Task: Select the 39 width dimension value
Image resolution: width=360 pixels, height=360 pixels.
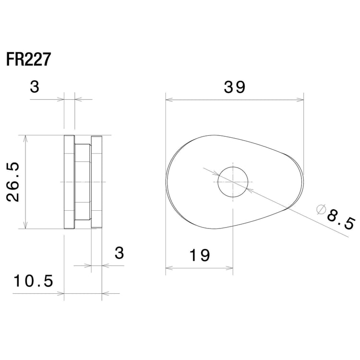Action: tap(235, 87)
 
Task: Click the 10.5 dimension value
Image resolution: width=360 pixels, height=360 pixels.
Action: tap(33, 281)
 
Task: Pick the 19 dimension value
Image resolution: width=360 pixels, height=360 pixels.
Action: tap(199, 255)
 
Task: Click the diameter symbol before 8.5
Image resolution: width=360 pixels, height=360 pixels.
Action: tap(322, 209)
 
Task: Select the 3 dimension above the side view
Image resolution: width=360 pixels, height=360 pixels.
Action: tap(35, 87)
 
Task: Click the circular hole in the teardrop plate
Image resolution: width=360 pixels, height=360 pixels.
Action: tap(233, 182)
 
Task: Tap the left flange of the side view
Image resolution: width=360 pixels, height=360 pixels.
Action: tap(69, 182)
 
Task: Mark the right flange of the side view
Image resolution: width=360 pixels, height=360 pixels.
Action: tap(97, 182)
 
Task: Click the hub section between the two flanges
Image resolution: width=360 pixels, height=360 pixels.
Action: tap(83, 182)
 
